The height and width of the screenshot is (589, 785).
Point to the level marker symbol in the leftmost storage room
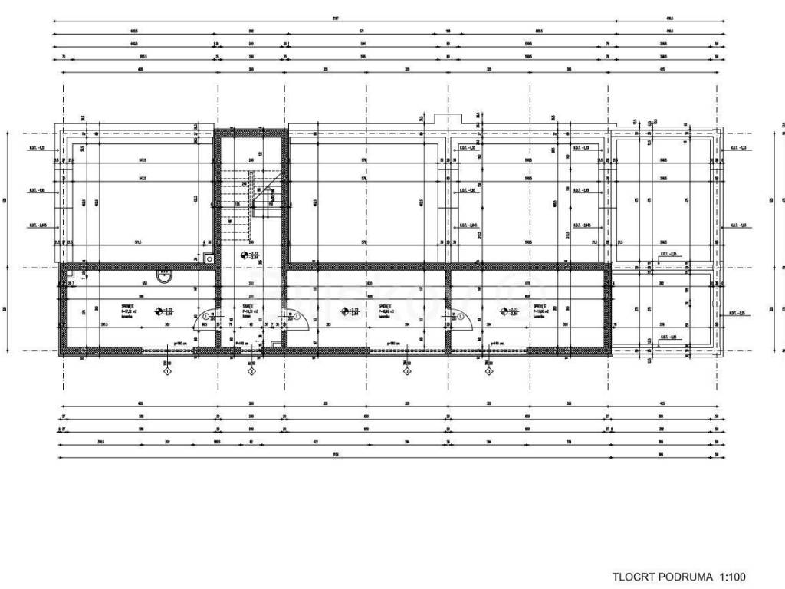[159, 311]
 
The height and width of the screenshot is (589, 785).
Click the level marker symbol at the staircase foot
[245, 255]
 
